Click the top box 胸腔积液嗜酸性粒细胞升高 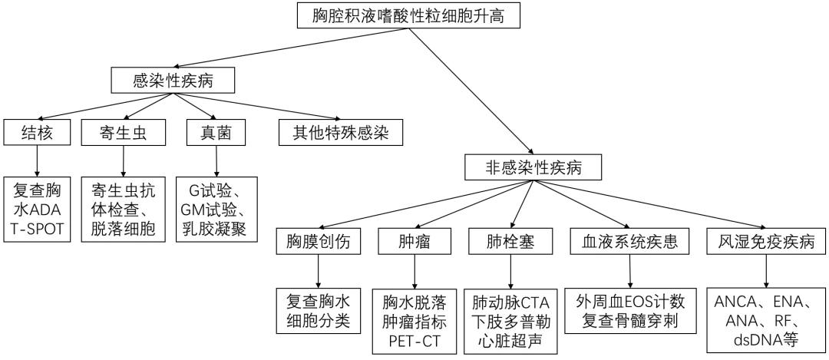pyautogui.click(x=409, y=15)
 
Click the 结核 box pyautogui.click(x=37, y=134)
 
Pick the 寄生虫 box pyautogui.click(x=123, y=134)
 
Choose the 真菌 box pyautogui.click(x=216, y=134)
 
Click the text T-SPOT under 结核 pyautogui.click(x=38, y=229)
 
